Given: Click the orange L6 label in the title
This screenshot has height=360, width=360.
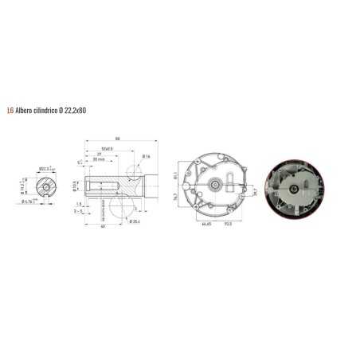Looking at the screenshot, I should click(x=10, y=110).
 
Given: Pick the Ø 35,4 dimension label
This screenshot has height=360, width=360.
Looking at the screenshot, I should click(x=134, y=220).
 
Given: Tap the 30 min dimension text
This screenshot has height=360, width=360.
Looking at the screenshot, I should click(x=99, y=159).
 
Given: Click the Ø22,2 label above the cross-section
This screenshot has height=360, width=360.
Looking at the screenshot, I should click(x=45, y=167).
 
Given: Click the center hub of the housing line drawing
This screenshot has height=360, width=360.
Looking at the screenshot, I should click(x=216, y=185).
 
